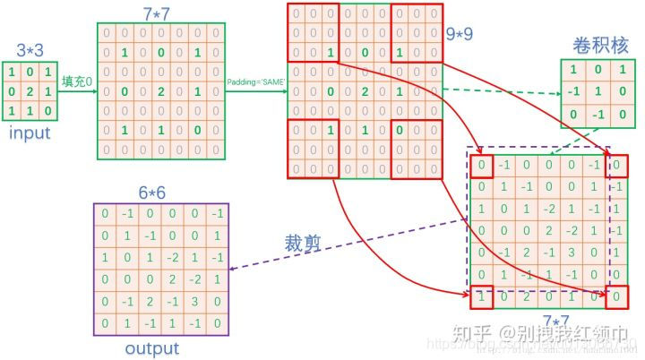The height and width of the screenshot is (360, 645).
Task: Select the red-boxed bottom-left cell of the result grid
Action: pos(482,296)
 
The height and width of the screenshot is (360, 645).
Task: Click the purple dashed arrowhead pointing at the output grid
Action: pos(233,270)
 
